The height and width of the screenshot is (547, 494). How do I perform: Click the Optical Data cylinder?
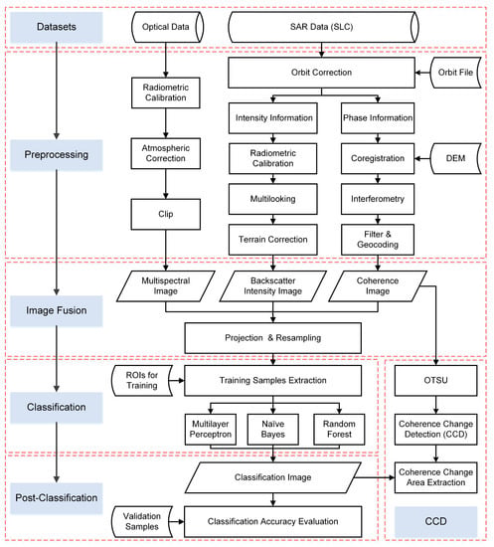[x=167, y=27]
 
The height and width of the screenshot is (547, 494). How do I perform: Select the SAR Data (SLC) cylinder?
[x=323, y=27]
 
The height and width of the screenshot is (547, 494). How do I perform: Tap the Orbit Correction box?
[x=321, y=73]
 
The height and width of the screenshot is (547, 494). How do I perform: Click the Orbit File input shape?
[x=455, y=73]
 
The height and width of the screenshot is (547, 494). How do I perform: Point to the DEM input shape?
[x=455, y=158]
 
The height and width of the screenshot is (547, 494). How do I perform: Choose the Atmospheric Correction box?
[x=166, y=153]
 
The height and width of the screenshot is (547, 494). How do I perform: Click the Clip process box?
[x=166, y=214]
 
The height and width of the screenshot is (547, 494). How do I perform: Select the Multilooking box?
[x=273, y=199]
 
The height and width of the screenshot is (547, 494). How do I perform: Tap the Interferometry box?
[x=378, y=199]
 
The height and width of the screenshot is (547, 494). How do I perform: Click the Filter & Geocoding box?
[x=378, y=240]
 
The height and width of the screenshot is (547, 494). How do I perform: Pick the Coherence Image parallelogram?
[x=378, y=286]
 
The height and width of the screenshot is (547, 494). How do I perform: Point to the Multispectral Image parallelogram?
[x=166, y=286]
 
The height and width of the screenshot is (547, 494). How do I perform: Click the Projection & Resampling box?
[x=273, y=338]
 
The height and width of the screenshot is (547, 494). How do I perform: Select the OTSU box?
[x=435, y=380]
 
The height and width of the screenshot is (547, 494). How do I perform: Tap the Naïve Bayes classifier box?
[x=273, y=430]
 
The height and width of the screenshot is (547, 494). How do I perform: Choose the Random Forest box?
[x=339, y=430]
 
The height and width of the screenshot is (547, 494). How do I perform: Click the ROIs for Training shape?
[x=142, y=380]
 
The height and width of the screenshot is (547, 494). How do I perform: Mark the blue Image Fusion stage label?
[x=57, y=311]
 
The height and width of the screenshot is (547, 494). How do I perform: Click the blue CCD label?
[x=435, y=521]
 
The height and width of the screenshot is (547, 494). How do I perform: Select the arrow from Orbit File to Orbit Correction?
[x=422, y=73]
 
